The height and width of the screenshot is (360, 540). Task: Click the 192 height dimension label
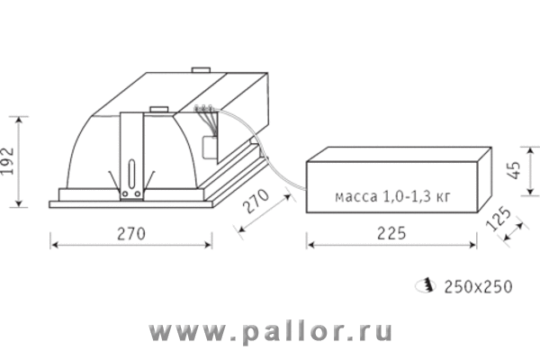(7, 161)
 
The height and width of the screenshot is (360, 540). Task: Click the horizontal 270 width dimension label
(131, 234)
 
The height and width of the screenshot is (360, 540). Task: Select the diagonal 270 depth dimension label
(256, 201)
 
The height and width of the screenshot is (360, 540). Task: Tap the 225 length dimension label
(391, 233)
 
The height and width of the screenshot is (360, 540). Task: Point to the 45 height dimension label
(515, 170)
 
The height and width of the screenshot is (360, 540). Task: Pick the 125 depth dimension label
(499, 219)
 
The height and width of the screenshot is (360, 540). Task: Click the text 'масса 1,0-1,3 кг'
(392, 196)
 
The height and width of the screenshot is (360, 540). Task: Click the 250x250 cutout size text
(479, 286)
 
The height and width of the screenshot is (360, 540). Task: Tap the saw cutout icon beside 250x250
(426, 285)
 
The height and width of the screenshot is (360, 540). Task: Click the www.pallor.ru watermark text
(271, 332)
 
